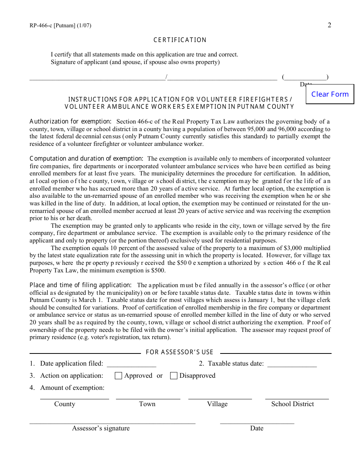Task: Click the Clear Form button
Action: pos(330,94)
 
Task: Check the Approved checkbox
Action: pos(118,376)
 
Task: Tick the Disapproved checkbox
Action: pos(174,376)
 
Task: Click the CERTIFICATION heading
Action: pos(180,40)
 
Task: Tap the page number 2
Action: pos(329,25)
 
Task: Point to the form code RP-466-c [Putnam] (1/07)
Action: pos(60,26)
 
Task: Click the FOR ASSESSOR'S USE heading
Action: pos(180,352)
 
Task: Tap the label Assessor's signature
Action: pos(101,428)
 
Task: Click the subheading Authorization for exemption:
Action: pos(70,122)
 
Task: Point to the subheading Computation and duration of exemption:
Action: pos(86,159)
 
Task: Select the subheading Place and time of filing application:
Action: pos(81,285)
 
